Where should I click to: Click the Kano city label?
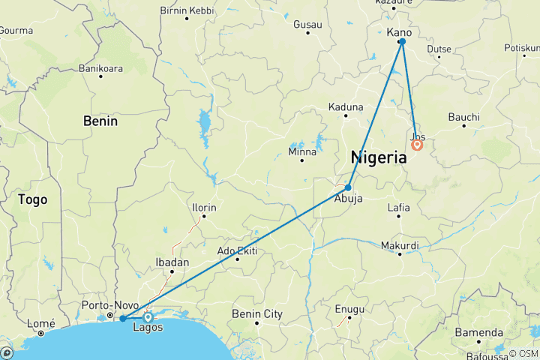point(400,31)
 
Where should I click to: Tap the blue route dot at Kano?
point(403,42)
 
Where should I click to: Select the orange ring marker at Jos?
point(417,145)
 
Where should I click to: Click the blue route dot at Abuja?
point(349,187)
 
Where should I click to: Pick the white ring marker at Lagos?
point(148,317)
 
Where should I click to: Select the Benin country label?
point(100,121)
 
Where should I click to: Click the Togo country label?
point(32,199)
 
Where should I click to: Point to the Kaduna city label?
point(346,107)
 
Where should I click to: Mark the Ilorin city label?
point(202,207)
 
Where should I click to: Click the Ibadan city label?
point(172,262)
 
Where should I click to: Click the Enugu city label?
point(349,309)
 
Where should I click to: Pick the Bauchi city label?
point(463,118)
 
